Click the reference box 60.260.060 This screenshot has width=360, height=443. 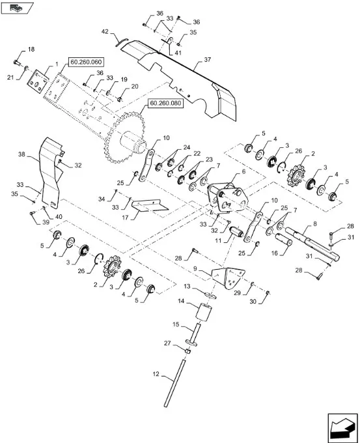pyautogui.click(x=86, y=62)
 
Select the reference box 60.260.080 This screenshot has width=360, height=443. pyautogui.click(x=165, y=104)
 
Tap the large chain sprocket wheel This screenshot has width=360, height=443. pyautogui.click(x=124, y=137)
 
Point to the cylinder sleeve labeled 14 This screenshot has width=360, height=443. pyautogui.click(x=203, y=313)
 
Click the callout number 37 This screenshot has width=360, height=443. pyautogui.click(x=208, y=60)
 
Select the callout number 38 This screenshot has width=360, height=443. pyautogui.click(x=21, y=154)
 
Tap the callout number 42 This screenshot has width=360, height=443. pyautogui.click(x=105, y=32)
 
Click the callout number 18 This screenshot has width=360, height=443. pyautogui.click(x=31, y=49)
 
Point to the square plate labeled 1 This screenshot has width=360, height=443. pyautogui.click(x=37, y=81)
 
